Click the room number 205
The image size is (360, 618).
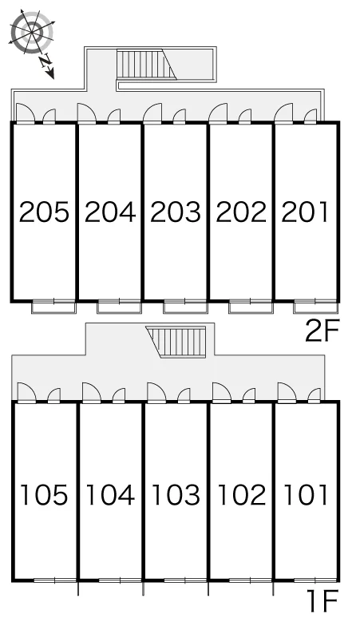(44, 212)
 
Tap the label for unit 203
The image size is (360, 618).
(176, 212)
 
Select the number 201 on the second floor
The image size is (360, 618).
(304, 212)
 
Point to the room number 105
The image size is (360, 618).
(44, 494)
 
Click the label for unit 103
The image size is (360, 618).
(176, 494)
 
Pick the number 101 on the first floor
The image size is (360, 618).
(306, 494)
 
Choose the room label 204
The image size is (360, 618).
(110, 212)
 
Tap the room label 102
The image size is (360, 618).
(241, 494)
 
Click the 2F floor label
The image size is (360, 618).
(322, 331)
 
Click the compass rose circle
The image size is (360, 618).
(31, 31)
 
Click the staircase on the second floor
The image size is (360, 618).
(146, 65)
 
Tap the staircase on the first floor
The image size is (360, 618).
(176, 342)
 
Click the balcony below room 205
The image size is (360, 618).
(53, 307)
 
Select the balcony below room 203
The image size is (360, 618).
(185, 307)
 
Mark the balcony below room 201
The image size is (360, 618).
(315, 307)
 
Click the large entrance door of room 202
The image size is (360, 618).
(218, 113)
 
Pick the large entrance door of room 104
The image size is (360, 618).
(92, 393)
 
